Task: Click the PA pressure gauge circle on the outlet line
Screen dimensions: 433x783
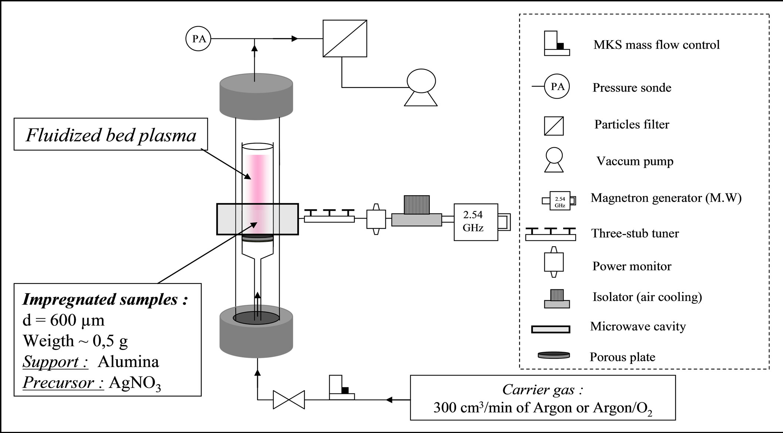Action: [198, 38]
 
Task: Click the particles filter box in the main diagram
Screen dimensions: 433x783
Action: [345, 38]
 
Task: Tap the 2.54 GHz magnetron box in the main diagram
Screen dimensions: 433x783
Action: [476, 222]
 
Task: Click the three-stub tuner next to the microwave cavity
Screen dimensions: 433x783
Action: [329, 216]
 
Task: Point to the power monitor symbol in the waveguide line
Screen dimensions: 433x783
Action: [376, 219]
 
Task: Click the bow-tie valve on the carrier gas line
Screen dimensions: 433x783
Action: [289, 400]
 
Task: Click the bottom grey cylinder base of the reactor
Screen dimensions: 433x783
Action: [256, 336]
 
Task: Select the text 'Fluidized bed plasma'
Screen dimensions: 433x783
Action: [111, 135]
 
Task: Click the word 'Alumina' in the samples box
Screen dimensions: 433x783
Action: [128, 361]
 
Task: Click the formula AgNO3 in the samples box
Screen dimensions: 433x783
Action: [135, 383]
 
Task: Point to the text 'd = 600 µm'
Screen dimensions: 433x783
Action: [64, 320]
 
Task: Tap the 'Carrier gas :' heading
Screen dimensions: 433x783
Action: [542, 389]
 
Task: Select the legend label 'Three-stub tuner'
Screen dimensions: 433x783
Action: [635, 233]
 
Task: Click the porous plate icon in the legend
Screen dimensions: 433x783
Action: [553, 355]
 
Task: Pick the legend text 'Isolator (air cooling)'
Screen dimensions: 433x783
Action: [647, 297]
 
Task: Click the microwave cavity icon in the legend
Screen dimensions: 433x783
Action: [551, 329]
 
